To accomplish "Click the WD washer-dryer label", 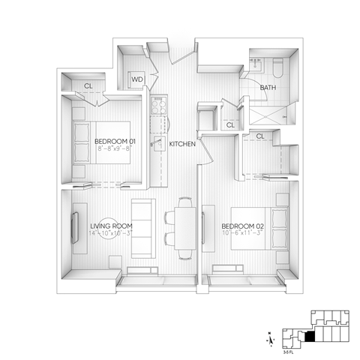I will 137,79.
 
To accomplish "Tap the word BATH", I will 268,88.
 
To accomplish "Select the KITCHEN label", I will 183,143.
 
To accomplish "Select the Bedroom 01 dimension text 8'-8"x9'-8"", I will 113,148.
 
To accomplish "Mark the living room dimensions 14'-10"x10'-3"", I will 112,235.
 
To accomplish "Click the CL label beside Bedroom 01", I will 88,85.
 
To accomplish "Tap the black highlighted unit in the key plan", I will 310,336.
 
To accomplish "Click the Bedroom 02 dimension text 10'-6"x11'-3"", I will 242,235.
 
